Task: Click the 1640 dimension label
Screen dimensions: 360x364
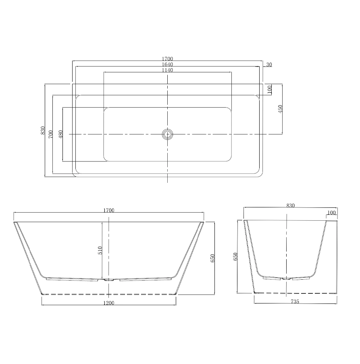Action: click(167, 64)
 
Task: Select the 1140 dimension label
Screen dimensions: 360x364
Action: click(167, 70)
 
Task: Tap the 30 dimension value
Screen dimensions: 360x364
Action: click(269, 65)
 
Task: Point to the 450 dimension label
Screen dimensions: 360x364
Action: click(281, 109)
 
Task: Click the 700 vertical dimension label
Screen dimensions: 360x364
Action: click(51, 134)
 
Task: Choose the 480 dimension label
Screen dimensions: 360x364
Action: click(60, 134)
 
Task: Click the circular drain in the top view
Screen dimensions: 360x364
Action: click(167, 134)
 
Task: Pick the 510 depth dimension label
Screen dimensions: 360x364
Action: click(100, 251)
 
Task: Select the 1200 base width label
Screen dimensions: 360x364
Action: click(109, 303)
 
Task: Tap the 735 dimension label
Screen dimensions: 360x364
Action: click(295, 301)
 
